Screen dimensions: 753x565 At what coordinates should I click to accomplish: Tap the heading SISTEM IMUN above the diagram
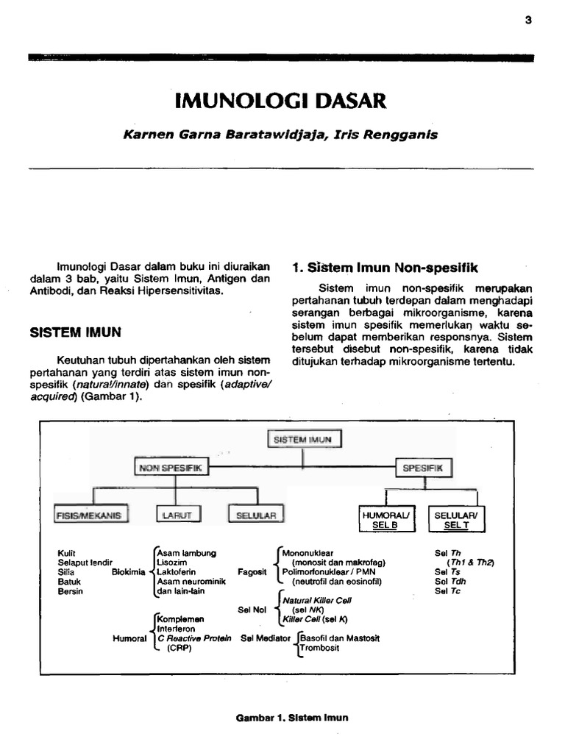pos(76,332)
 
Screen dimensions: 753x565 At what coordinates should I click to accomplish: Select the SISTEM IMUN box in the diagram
pos(303,440)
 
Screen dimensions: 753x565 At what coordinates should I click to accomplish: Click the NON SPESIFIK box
pos(171,467)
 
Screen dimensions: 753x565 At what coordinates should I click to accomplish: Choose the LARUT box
pos(177,515)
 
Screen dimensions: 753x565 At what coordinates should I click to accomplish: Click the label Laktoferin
pos(175,571)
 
